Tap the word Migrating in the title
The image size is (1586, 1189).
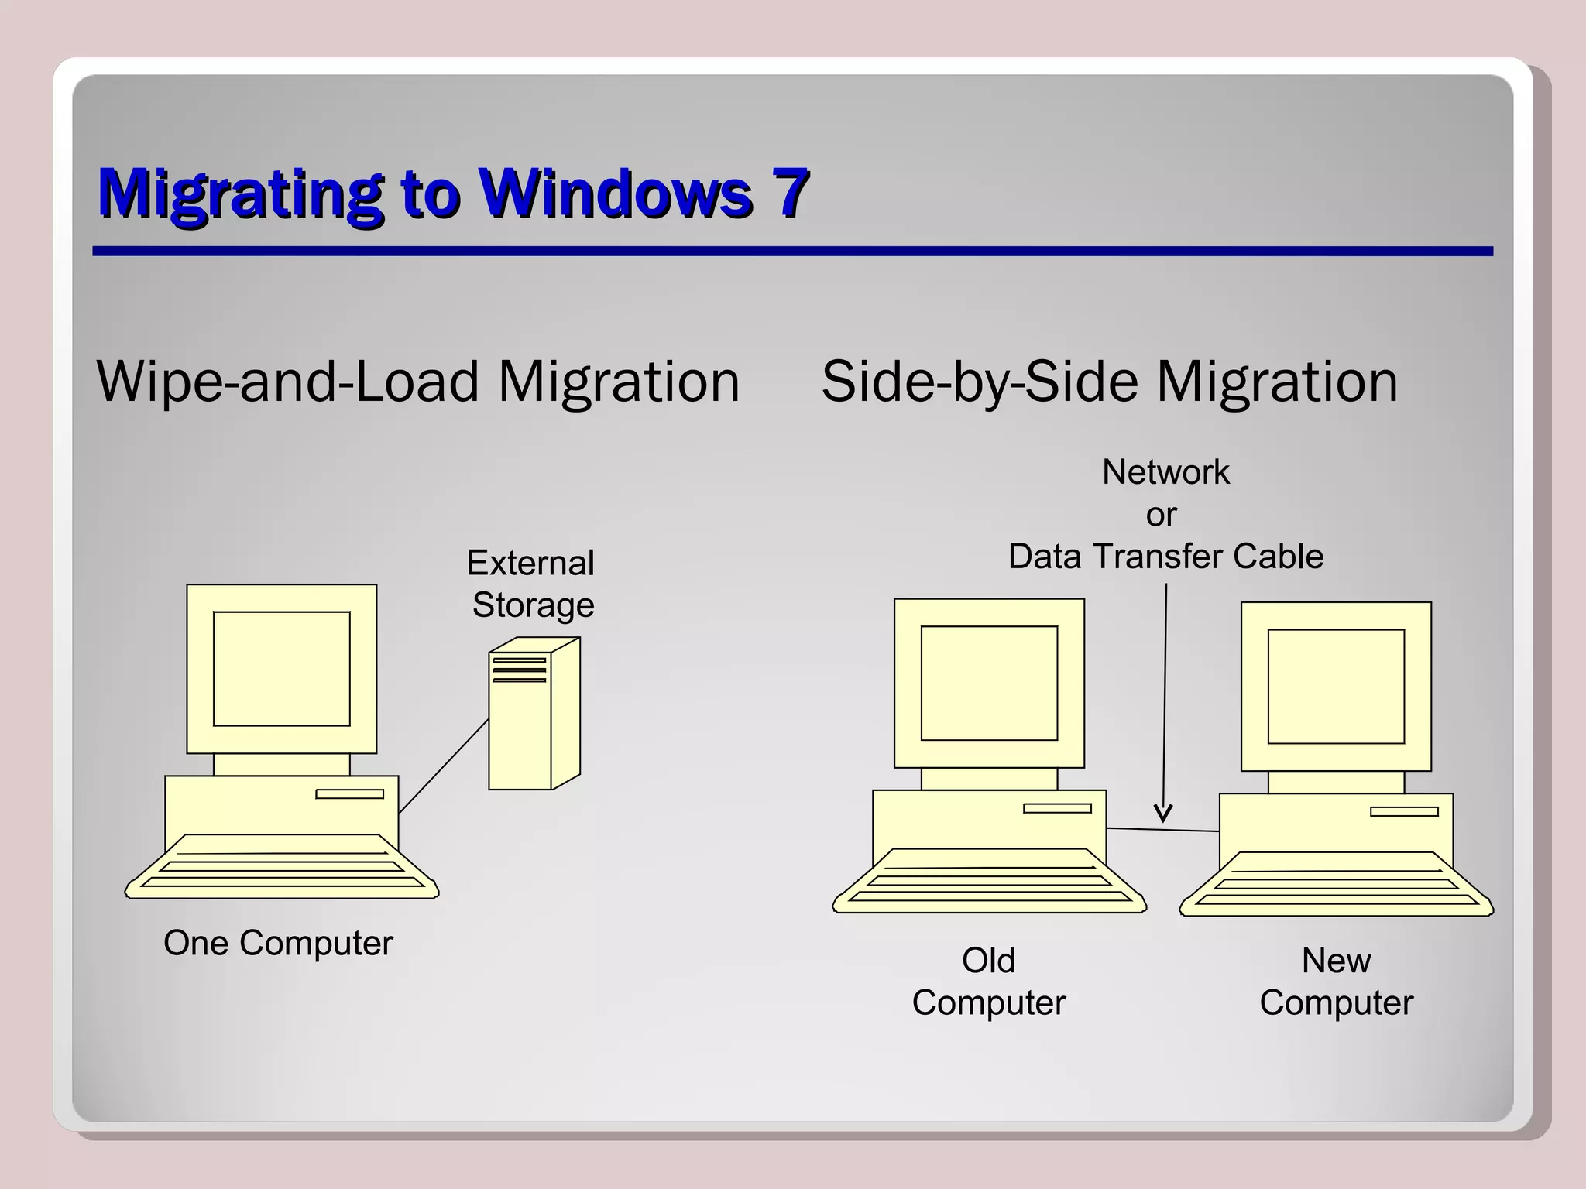pyautogui.click(x=240, y=194)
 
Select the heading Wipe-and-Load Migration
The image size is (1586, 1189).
pyautogui.click(x=418, y=382)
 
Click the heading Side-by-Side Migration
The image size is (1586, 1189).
pyautogui.click(x=1109, y=382)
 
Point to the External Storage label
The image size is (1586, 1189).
pyautogui.click(x=532, y=584)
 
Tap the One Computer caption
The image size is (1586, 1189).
pyautogui.click(x=278, y=943)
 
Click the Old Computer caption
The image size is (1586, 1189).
pyautogui.click(x=989, y=982)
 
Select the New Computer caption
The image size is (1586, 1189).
pyautogui.click(x=1336, y=982)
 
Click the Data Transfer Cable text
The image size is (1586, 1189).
pyautogui.click(x=1165, y=557)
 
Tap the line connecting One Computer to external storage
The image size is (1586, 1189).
pyautogui.click(x=444, y=766)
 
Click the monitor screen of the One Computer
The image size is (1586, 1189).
pyautogui.click(x=282, y=669)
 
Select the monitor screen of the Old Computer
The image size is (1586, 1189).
pyautogui.click(x=989, y=683)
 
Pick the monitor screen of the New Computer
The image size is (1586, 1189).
pyautogui.click(x=1336, y=686)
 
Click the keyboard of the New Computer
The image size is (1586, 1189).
pyautogui.click(x=1336, y=886)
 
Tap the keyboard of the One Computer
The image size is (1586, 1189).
pyautogui.click(x=282, y=868)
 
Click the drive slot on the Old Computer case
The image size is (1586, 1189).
pyautogui.click(x=1057, y=808)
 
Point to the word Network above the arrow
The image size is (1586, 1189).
pyautogui.click(x=1165, y=472)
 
